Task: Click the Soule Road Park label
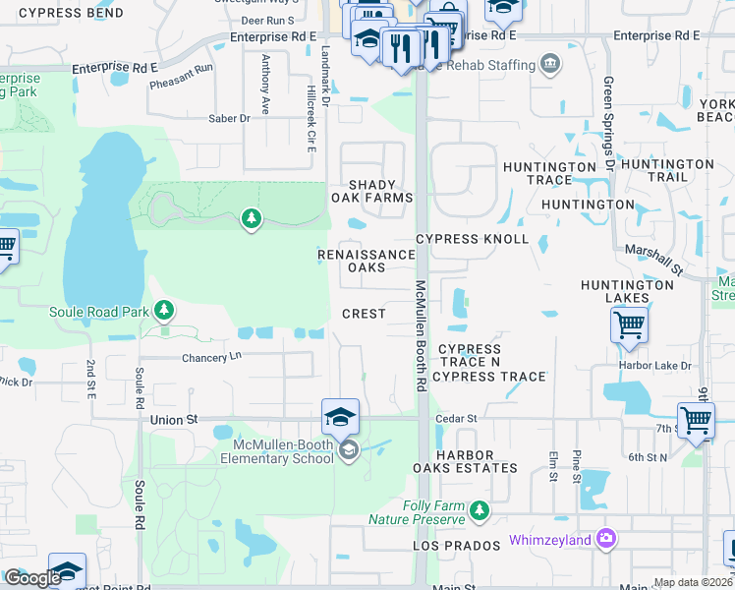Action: coord(99,312)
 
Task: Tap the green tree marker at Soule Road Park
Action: coord(165,312)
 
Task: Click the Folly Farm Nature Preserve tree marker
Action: coord(480,511)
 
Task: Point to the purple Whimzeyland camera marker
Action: coord(607,539)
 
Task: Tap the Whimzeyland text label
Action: coord(550,540)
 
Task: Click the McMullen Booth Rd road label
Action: coord(420,336)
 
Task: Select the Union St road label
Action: coord(174,419)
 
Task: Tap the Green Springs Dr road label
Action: coord(609,123)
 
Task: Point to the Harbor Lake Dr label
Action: coord(655,366)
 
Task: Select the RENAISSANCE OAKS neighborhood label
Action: coord(367,261)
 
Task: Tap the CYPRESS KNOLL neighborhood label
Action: coord(472,239)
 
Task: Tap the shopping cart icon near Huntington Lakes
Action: coord(629,323)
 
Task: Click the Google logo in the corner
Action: coord(32,578)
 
